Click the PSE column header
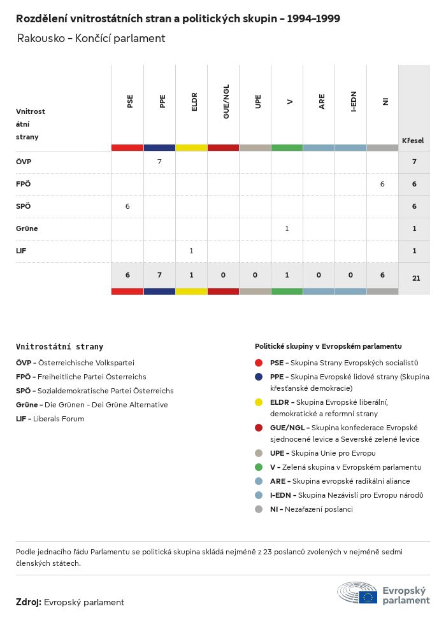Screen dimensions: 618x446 point(130,101)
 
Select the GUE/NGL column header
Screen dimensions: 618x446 point(226,101)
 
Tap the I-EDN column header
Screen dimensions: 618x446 point(354,101)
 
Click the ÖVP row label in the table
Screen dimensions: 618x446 point(24,162)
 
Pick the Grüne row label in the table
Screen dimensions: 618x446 point(27,228)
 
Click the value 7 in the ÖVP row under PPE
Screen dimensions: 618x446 point(159,162)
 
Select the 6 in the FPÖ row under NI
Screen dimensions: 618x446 point(382,184)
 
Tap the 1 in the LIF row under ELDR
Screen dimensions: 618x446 point(191,251)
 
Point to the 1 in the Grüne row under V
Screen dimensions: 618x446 point(287,228)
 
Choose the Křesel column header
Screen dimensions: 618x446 point(413,141)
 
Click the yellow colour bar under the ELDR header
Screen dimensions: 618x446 point(191,148)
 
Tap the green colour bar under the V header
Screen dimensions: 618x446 point(287,148)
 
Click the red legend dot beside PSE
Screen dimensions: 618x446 point(259,363)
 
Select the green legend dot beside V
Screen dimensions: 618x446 point(259,467)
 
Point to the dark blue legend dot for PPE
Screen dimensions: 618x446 point(259,377)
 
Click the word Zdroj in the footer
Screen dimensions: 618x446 point(29,602)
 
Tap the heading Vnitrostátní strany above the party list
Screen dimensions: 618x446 point(59,347)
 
